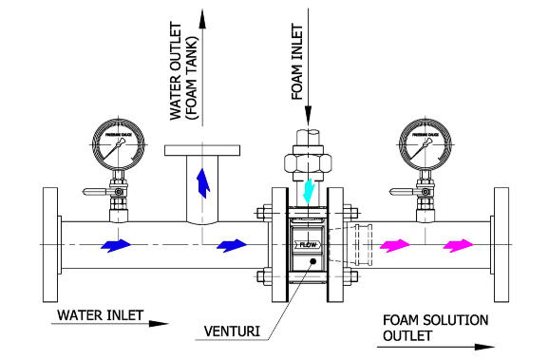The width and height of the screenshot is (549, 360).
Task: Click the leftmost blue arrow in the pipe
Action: tap(115, 245)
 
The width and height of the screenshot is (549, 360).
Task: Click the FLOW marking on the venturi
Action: tap(309, 245)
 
